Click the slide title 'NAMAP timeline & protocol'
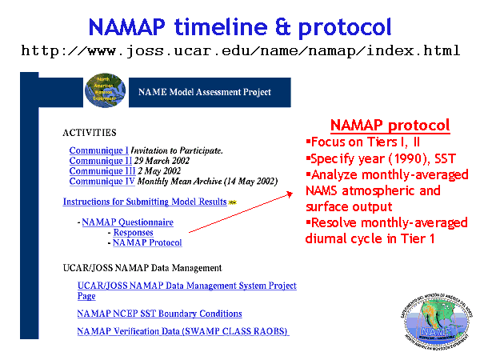coord(240,26)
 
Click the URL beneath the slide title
coord(240,51)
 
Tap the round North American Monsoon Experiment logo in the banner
coord(102,90)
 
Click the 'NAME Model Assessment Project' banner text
coord(205,92)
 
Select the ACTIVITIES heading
coord(89,132)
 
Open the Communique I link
coord(98,150)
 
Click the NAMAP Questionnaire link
coord(127,222)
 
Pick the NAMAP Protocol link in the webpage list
coord(147,242)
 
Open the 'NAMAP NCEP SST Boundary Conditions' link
coord(159,314)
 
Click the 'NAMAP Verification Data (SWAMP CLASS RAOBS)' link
coord(182,331)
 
